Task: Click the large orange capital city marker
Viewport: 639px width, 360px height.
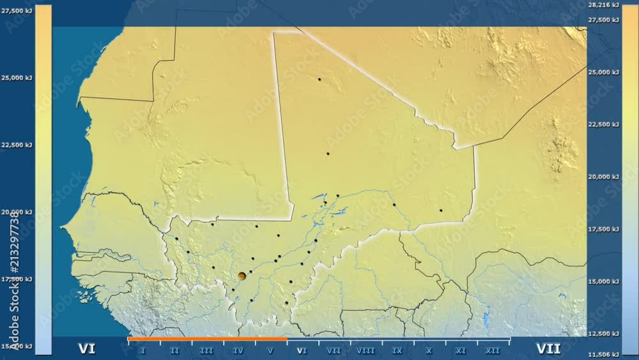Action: coord(242,276)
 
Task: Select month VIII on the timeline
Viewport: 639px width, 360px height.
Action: coord(366,350)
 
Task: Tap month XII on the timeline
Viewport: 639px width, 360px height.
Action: coord(493,350)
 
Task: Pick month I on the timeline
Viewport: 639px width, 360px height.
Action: coord(142,350)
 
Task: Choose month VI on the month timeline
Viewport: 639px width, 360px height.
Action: coord(302,350)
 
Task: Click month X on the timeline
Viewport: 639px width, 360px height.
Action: coord(429,350)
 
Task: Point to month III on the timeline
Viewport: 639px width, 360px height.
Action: coord(206,350)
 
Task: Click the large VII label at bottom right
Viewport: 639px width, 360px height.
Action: coord(548,348)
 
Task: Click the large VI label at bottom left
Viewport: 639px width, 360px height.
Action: coord(87,348)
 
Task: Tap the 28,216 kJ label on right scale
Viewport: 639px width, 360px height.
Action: coord(603,5)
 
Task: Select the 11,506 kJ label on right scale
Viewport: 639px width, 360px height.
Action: coord(603,354)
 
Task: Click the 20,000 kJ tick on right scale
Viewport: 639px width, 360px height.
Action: coord(603,176)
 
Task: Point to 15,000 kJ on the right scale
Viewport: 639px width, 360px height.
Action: coord(603,281)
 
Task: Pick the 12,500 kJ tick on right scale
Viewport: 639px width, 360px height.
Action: coord(603,333)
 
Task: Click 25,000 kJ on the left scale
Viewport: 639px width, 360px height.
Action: coord(17,78)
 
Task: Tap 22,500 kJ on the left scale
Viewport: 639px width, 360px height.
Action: coord(17,145)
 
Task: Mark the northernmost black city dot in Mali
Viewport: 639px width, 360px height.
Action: coord(319,79)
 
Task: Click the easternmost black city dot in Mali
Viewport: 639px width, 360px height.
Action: coord(440,210)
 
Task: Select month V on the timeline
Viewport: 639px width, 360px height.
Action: coord(270,350)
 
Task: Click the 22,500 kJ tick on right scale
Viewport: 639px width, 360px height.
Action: coord(603,124)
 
